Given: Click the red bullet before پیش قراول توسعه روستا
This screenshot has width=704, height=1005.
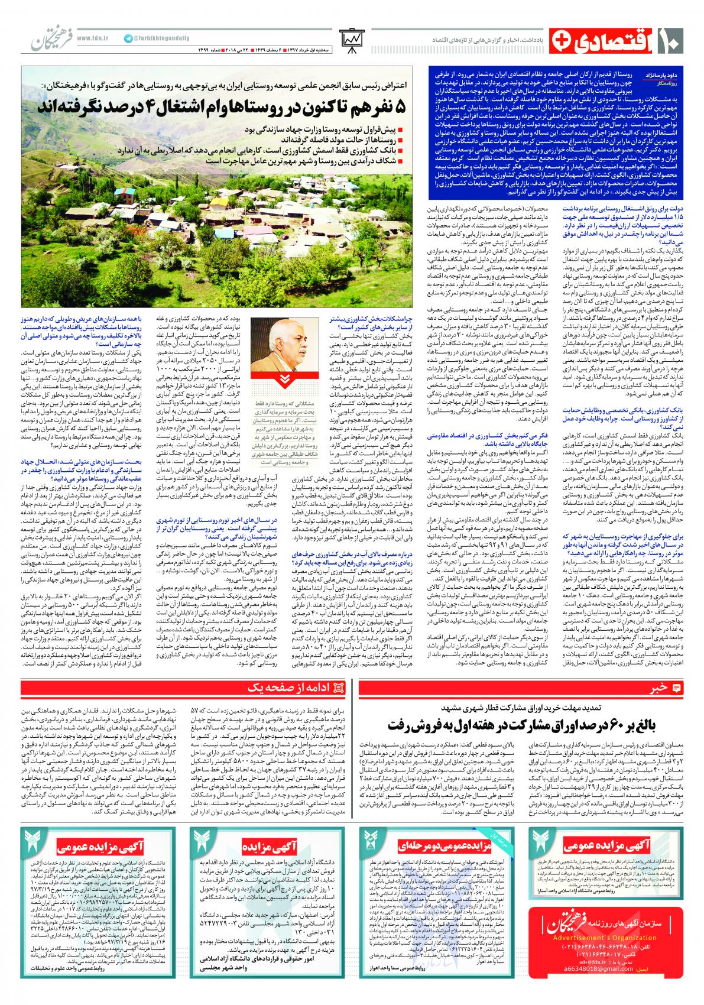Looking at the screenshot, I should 400,131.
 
